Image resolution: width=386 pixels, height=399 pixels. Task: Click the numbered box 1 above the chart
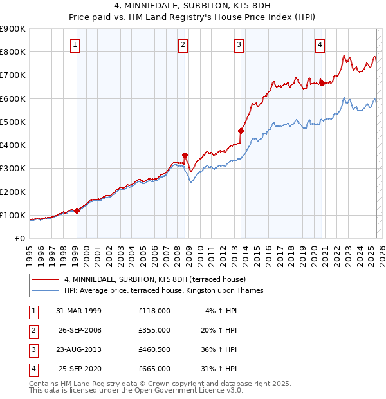point(76,44)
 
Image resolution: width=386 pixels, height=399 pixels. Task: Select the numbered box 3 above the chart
point(239,44)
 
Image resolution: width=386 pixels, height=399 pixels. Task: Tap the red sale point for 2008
point(185,155)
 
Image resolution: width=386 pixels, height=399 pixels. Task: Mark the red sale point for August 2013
point(241,131)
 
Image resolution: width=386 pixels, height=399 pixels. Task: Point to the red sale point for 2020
point(322,82)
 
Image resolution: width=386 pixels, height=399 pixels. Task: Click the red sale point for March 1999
point(77,210)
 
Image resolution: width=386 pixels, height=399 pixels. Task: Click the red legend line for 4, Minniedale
point(46,279)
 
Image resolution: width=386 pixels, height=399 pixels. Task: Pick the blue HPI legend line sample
point(46,291)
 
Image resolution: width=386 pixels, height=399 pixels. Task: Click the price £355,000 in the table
point(154,330)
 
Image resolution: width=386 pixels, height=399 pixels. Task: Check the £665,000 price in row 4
point(154,369)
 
